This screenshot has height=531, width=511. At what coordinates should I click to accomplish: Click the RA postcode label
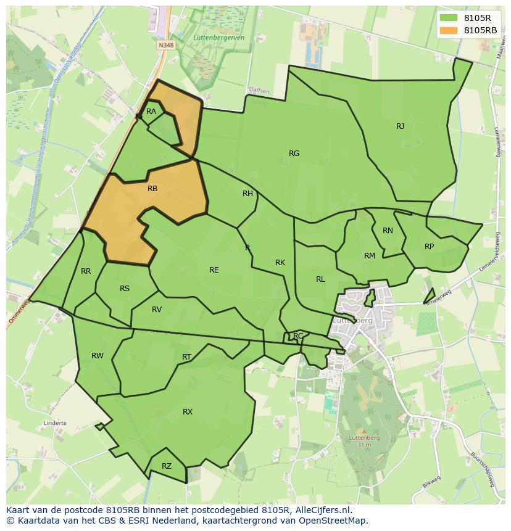(x=151, y=112)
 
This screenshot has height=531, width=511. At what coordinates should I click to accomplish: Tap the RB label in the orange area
(x=152, y=189)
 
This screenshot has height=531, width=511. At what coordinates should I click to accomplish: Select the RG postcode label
(x=294, y=154)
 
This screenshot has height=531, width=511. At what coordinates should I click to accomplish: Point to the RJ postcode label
(x=400, y=126)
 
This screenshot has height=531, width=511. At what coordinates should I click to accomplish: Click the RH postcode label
(x=247, y=194)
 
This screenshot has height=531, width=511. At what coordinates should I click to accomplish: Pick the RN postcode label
(x=388, y=231)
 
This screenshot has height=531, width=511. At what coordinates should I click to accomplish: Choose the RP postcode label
(x=429, y=247)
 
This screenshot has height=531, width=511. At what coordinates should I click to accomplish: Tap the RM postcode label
(x=370, y=256)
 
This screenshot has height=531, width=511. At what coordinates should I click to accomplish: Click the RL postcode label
(x=320, y=279)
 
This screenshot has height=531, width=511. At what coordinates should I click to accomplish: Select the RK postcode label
(x=280, y=263)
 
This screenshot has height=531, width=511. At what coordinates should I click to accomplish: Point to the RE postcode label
(x=214, y=270)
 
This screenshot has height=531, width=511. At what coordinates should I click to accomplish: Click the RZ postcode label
(x=166, y=467)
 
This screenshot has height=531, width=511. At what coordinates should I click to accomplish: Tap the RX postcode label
(x=188, y=412)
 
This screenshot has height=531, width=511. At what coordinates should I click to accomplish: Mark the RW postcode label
(x=98, y=356)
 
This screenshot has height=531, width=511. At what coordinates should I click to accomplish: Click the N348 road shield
(x=165, y=45)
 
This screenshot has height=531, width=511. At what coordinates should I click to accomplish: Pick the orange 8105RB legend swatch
(x=447, y=30)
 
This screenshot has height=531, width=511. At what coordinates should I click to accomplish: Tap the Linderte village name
(x=55, y=424)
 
